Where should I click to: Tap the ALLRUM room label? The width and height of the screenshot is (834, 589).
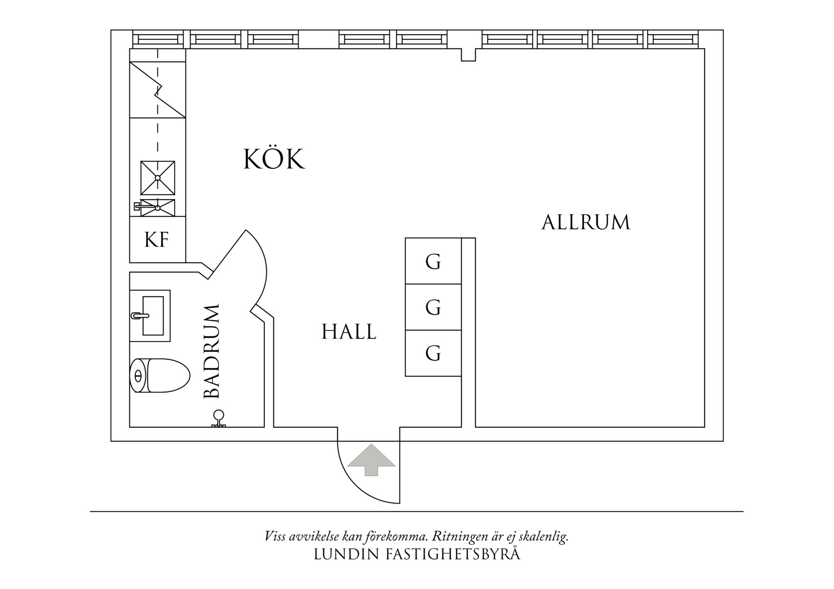tap(586, 222)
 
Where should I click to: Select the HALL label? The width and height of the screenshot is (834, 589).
tap(349, 332)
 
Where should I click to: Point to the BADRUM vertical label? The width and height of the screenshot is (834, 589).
tap(212, 351)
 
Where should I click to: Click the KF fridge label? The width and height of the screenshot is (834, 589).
tap(157, 240)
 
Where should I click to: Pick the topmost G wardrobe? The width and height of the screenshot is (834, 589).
tap(433, 261)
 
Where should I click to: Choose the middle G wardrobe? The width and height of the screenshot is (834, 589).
tap(433, 307)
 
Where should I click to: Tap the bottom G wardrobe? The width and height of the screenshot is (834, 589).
tap(433, 353)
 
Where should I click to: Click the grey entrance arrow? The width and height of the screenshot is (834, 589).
tap(371, 459)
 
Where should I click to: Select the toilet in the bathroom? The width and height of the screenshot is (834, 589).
tap(160, 375)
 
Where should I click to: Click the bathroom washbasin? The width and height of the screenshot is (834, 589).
tap(150, 315)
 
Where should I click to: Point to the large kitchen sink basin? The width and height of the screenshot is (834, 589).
tap(157, 178)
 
